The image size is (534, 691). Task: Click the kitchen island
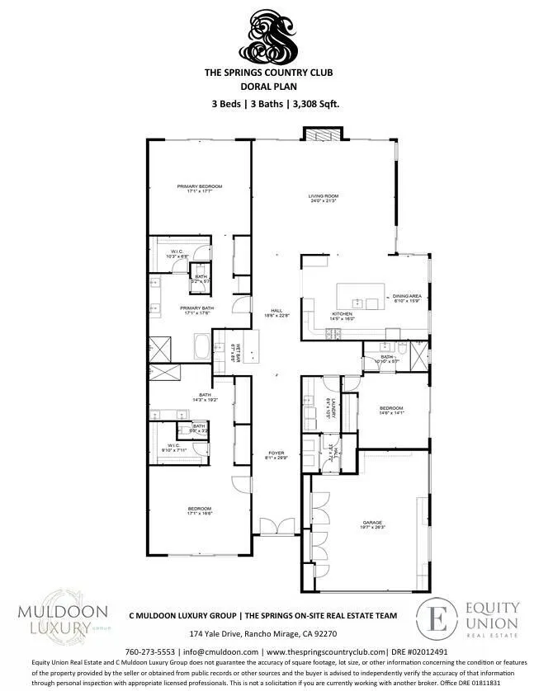(361, 294)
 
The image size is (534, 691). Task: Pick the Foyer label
(275, 455)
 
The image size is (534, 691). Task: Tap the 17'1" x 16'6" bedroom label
(200, 510)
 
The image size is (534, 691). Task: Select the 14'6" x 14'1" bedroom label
(391, 411)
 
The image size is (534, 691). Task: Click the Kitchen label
(343, 315)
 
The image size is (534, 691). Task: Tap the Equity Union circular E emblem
(437, 618)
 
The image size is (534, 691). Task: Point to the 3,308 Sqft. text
(314, 104)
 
